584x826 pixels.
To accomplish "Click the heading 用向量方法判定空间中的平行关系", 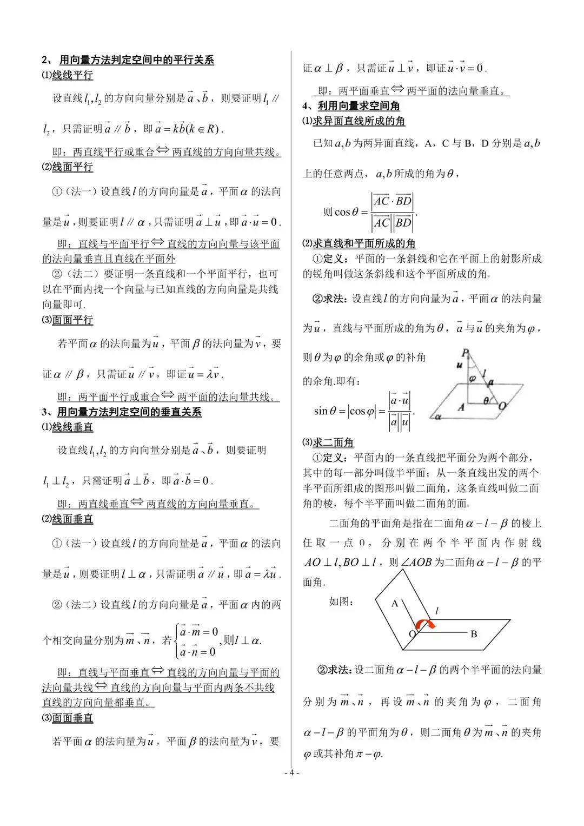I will pyautogui.click(x=136, y=60).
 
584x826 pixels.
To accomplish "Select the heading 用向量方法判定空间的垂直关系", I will pyautogui.click(x=129, y=412).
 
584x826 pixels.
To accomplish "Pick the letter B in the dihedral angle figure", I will pyautogui.click(x=474, y=634).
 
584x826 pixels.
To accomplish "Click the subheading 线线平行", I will pyautogui.click(x=72, y=75).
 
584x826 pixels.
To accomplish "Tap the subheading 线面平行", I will pyautogui.click(x=72, y=167).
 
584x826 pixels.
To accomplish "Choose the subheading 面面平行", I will pyautogui.click(x=72, y=320).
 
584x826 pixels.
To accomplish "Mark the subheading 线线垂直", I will pyautogui.click(x=72, y=427).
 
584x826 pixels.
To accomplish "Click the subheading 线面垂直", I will pyautogui.click(x=72, y=519).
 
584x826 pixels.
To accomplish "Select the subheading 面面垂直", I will pyautogui.click(x=72, y=718).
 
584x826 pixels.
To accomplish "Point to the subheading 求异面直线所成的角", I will pyautogui.click(x=359, y=121).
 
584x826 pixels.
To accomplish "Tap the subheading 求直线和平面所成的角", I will pyautogui.click(x=364, y=243).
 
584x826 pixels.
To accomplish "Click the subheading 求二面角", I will pyautogui.click(x=333, y=442).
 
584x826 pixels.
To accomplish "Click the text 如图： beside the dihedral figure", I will pyautogui.click(x=341, y=602).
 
